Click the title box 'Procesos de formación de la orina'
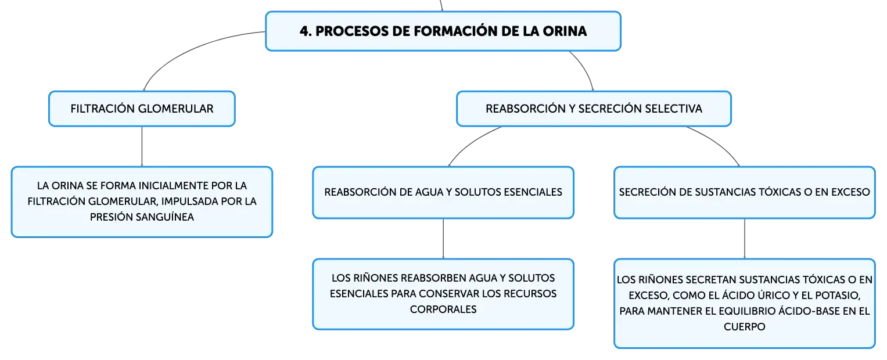click(443, 31)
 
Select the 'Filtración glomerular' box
click(142, 109)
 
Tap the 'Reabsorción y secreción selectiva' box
click(594, 109)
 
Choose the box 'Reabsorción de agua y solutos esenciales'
click(443, 192)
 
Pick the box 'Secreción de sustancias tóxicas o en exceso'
click(745, 192)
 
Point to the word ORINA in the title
click(565, 31)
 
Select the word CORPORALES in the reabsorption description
click(443, 309)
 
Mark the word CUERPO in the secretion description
click(745, 327)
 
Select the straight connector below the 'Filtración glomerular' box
click(142, 146)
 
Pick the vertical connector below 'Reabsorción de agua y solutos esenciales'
click(443, 239)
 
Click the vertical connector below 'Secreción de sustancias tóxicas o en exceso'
click(745, 239)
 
